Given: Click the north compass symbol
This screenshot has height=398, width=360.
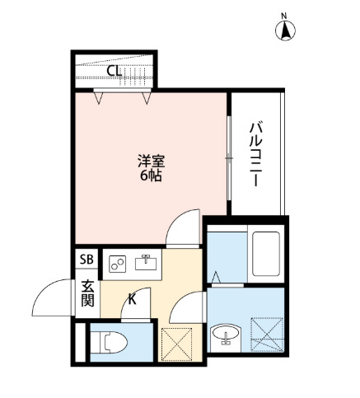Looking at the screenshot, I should [x=286, y=31].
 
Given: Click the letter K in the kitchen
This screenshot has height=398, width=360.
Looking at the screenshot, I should [x=131, y=299].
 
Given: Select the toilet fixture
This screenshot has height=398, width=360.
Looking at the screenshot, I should [x=108, y=340].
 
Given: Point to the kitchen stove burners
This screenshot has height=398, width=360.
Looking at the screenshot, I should [x=117, y=264].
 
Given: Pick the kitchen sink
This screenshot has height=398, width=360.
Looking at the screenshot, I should [x=146, y=263].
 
